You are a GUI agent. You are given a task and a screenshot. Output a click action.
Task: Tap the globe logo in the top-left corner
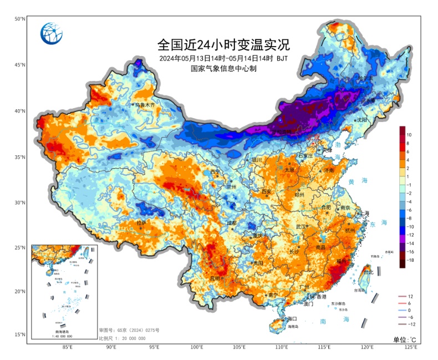[52, 34]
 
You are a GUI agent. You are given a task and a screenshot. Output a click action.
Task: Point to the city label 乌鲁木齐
[146, 104]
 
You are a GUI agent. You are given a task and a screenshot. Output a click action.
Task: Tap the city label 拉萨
[141, 223]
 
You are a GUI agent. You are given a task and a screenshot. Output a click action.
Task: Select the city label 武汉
[301, 226]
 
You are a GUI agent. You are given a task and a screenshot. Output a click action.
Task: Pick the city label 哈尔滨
[365, 79]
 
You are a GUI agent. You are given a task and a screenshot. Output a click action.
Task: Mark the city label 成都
[231, 223]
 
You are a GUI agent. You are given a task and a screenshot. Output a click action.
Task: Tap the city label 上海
[364, 213]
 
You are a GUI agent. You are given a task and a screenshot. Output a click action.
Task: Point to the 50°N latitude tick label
[20, 19]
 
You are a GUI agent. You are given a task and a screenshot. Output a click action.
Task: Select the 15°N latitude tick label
[20, 334]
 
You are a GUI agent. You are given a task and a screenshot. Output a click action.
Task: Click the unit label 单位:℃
[404, 339]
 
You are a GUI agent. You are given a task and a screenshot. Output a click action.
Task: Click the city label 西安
[266, 191]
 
